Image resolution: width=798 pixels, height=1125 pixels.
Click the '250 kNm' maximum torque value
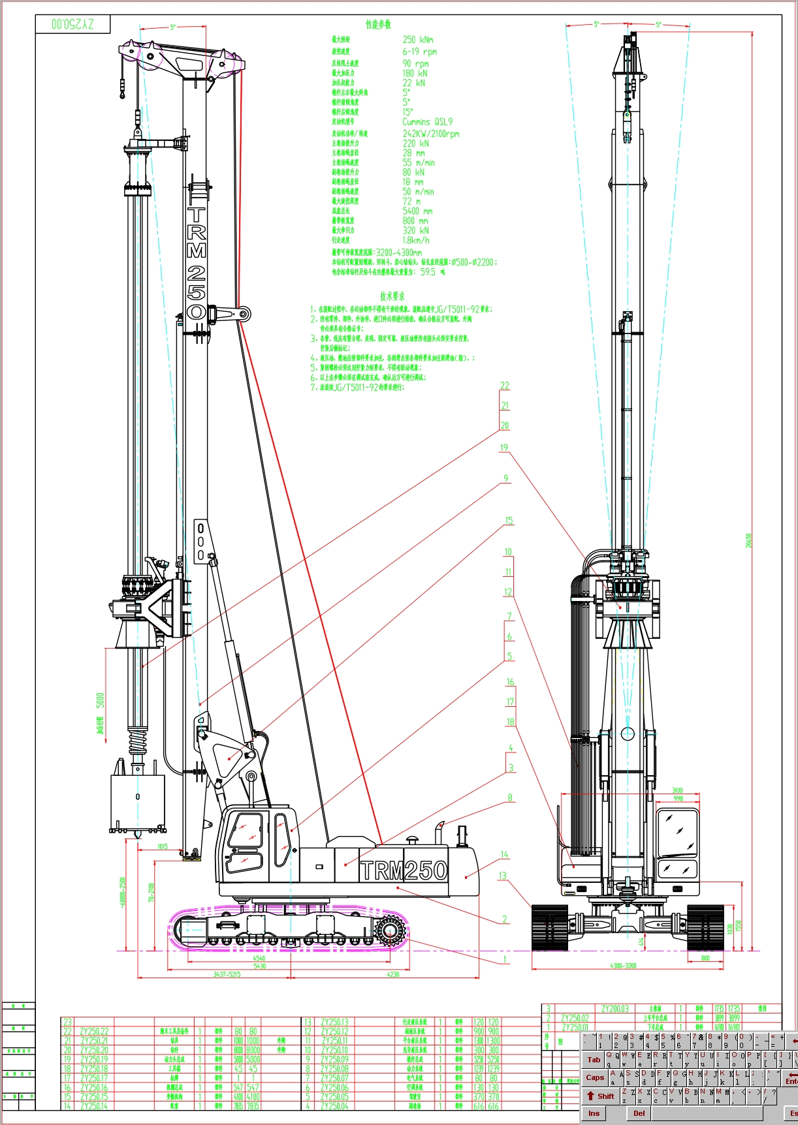pyautogui.click(x=417, y=40)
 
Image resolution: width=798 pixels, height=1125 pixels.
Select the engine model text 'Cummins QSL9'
pyautogui.click(x=427, y=122)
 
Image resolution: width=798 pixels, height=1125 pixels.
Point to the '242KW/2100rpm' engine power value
pyautogui.click(x=430, y=134)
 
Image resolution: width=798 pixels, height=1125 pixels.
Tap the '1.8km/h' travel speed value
pyautogui.click(x=416, y=240)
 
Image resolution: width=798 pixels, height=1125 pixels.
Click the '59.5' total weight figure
pyautogui.click(x=428, y=272)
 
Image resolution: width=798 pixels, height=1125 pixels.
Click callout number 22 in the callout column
pyautogui.click(x=504, y=386)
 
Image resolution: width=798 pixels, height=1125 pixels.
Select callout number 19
pyautogui.click(x=503, y=448)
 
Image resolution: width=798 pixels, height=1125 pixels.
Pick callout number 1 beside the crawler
pyautogui.click(x=504, y=959)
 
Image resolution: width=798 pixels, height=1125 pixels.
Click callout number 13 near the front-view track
pyautogui.click(x=502, y=876)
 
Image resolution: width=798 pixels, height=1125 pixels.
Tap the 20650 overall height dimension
pyautogui.click(x=749, y=540)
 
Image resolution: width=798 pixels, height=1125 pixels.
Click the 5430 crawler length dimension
pyautogui.click(x=259, y=966)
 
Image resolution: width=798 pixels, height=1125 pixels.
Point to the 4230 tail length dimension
pyautogui.click(x=392, y=974)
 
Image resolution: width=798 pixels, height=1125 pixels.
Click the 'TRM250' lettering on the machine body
pyautogui.click(x=404, y=871)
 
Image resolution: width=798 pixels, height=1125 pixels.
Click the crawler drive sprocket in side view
pyautogui.click(x=391, y=930)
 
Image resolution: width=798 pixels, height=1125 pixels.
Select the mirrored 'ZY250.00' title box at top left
pyautogui.click(x=73, y=25)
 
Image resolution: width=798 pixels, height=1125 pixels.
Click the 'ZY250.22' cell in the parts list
pyautogui.click(x=94, y=1032)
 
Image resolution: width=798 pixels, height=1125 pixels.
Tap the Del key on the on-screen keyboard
pyautogui.click(x=639, y=1113)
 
